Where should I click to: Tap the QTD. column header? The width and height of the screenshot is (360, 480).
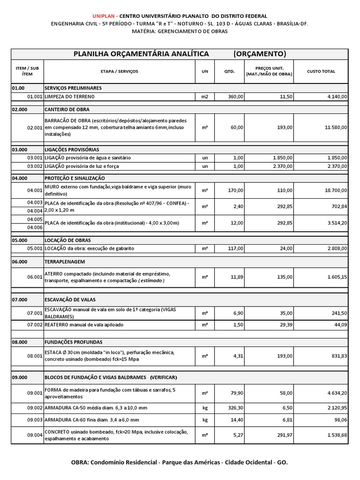coord(233,71)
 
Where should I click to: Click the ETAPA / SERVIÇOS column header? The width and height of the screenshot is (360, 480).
coord(119,71)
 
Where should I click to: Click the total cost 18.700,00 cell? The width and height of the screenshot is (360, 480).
coord(335,190)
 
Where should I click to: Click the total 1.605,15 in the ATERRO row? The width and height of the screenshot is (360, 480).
coord(336,277)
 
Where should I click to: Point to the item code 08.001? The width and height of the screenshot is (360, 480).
coord(35,356)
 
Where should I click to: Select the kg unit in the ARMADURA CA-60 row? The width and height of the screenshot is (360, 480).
coord(205,420)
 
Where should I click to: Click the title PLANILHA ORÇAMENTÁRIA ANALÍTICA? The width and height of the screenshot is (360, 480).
coord(141,54)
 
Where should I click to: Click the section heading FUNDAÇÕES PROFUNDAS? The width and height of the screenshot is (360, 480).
coord(73,342)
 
